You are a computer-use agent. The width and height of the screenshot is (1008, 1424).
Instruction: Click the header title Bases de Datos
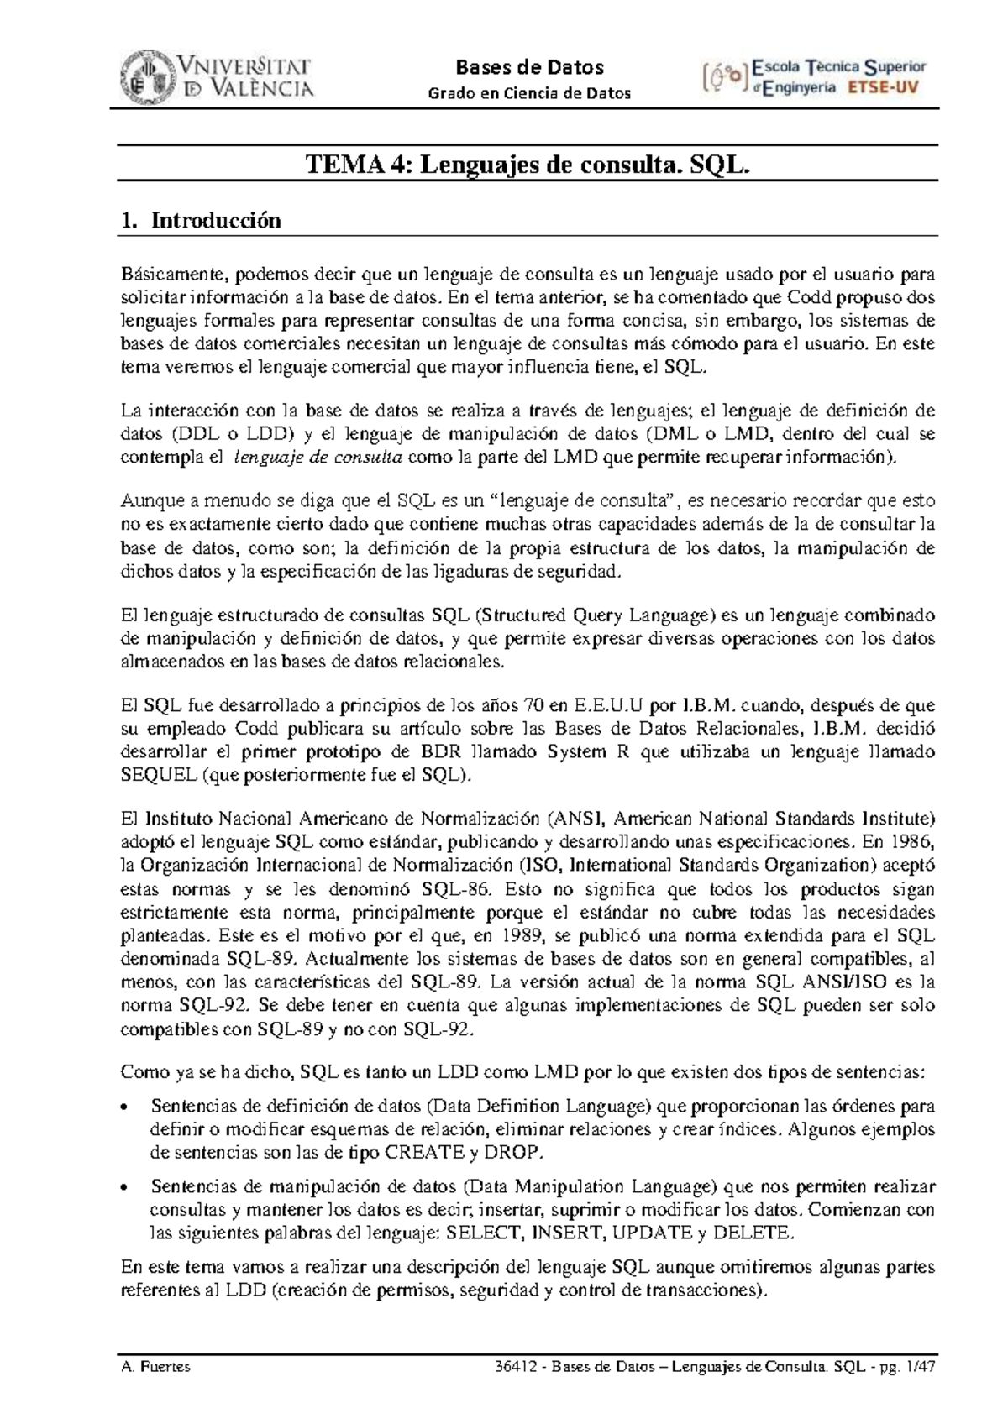(529, 67)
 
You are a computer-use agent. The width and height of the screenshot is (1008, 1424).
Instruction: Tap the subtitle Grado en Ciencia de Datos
(529, 93)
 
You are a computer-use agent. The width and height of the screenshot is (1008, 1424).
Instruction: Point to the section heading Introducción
(216, 221)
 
